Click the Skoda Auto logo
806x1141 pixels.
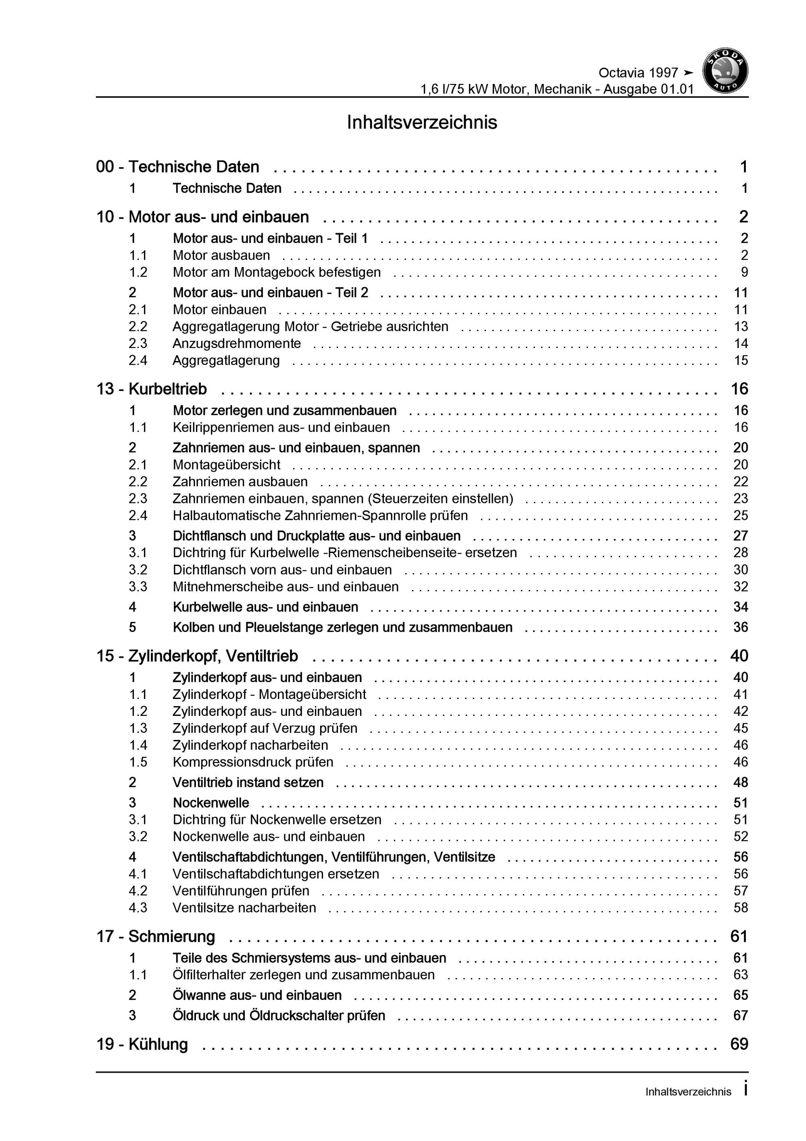pos(725,71)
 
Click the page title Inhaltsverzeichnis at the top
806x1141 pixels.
pos(421,122)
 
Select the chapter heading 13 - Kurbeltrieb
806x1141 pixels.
pos(152,389)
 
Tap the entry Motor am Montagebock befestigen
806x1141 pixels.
pos(277,272)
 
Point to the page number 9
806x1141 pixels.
pos(744,272)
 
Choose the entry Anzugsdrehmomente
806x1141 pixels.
pos(237,343)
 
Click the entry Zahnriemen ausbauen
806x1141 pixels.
pos(240,482)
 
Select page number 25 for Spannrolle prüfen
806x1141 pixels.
pos(740,515)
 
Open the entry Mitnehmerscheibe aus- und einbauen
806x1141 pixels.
pos(286,586)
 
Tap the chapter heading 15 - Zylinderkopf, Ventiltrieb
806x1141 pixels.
pos(197,656)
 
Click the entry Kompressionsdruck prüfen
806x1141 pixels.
pos(253,762)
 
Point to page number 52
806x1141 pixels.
pos(740,836)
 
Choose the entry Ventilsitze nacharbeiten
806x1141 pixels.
pos(244,907)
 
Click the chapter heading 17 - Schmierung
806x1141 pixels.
pos(156,936)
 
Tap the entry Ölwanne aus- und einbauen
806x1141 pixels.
pos(257,995)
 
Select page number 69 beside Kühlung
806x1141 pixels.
pos(739,1044)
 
